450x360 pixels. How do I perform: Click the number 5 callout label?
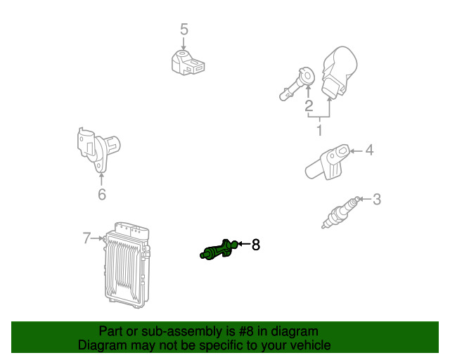tap(184, 30)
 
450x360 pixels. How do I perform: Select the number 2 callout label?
tap(309, 106)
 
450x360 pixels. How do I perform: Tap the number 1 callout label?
tap(320, 130)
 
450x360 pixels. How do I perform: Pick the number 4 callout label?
tap(369, 150)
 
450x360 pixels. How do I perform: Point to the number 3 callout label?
tap(377, 199)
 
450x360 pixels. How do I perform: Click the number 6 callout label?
tap(102, 194)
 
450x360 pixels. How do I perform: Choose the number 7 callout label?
tap(86, 238)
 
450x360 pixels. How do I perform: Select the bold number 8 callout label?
tap(256, 245)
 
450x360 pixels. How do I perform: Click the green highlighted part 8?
tap(219, 250)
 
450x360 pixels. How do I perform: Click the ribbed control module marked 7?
tap(127, 264)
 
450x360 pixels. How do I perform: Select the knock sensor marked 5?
tap(188, 63)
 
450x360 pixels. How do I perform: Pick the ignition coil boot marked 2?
tap(297, 84)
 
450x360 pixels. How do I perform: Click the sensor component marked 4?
tap(328, 162)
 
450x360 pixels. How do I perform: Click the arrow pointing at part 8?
tap(244, 244)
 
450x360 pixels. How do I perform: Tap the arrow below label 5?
tap(184, 44)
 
